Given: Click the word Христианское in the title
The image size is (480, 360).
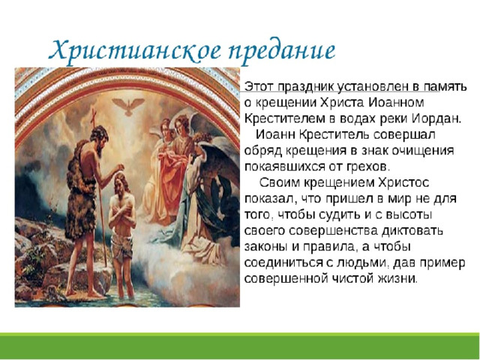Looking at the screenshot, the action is [x=135, y=51].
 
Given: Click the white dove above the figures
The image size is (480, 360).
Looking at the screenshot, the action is [x=128, y=106].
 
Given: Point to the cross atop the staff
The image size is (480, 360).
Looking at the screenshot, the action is [x=93, y=115].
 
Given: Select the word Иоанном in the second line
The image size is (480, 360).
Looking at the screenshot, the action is [x=396, y=103].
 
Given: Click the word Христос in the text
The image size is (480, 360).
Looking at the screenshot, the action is [x=403, y=183].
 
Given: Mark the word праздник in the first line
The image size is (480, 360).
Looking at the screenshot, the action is [x=307, y=87].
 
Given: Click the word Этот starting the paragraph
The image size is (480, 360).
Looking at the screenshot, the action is [x=260, y=87].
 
